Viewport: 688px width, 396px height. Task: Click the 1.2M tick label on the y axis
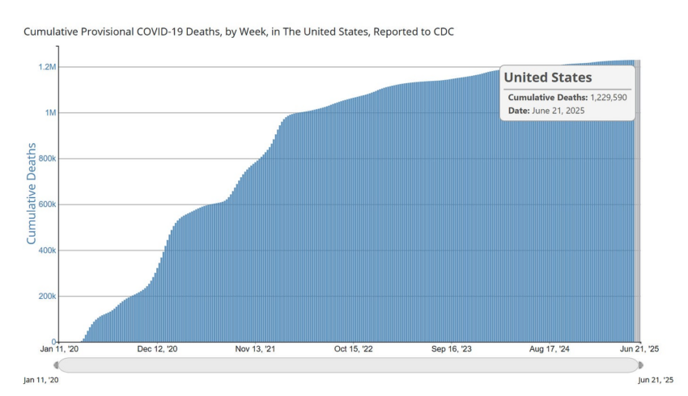tap(48, 67)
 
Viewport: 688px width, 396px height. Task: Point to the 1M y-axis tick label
tap(50, 112)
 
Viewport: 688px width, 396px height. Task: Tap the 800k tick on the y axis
tap(48, 158)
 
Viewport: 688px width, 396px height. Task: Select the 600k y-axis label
tap(48, 204)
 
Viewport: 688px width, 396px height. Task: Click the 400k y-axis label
tap(48, 251)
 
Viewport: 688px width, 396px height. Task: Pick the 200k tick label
tap(48, 296)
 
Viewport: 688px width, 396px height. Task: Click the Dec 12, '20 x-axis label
tap(157, 348)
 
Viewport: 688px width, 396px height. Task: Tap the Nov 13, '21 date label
tap(255, 348)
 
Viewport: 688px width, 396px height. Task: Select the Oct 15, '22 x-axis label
tap(353, 348)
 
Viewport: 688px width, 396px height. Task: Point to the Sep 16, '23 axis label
tap(451, 348)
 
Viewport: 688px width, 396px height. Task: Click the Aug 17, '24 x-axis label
tap(549, 348)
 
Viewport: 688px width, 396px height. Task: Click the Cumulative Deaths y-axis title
tap(31, 193)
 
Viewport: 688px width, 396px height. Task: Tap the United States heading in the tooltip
tap(548, 78)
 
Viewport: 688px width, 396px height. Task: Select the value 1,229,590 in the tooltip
tap(609, 97)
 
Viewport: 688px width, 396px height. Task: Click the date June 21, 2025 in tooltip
tap(558, 111)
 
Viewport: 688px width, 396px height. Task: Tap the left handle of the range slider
tap(56, 365)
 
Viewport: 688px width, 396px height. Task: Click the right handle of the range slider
tap(640, 365)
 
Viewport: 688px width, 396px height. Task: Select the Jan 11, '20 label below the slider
tap(40, 380)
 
